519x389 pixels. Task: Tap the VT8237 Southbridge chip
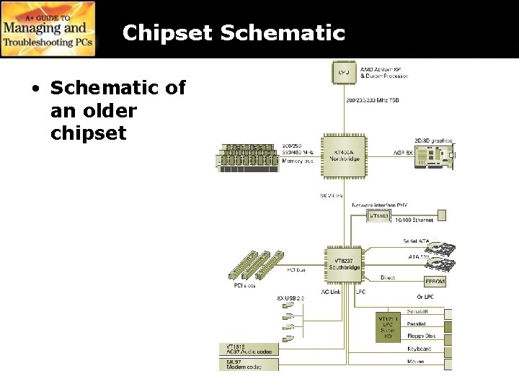pyautogui.click(x=343, y=264)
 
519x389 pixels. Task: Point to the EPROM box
pyautogui.click(x=435, y=282)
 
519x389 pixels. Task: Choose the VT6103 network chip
pyautogui.click(x=378, y=215)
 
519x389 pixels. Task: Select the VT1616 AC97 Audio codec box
pyautogui.click(x=248, y=349)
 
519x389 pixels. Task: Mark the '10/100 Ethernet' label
pyautogui.click(x=414, y=220)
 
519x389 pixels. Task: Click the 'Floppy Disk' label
pyautogui.click(x=422, y=335)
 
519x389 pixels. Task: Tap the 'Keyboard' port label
pyautogui.click(x=419, y=349)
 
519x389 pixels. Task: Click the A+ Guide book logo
pyautogui.click(x=48, y=29)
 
